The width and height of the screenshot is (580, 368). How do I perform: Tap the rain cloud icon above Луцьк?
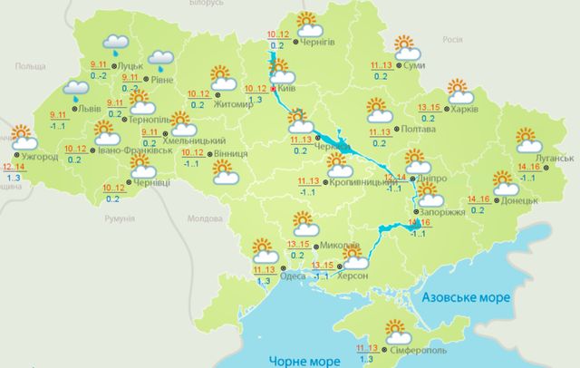pos(118,43)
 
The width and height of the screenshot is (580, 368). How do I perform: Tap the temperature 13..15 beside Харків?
pos(429,107)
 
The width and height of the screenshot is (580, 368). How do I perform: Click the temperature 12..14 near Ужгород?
pos(14,168)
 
